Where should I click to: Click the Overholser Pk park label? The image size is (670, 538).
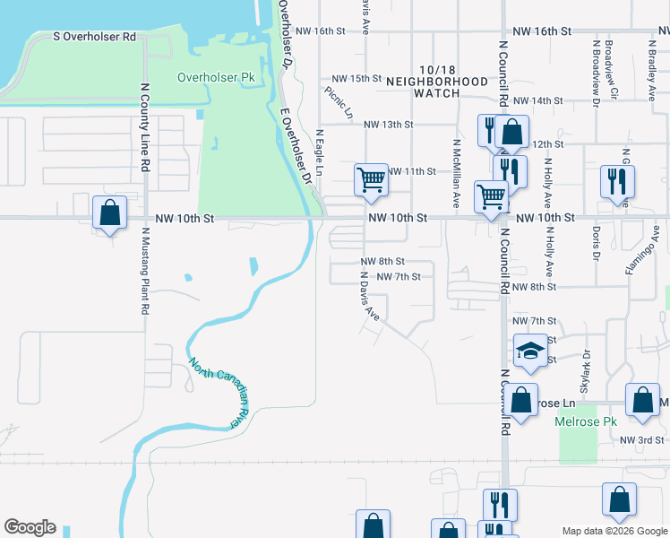point(216,78)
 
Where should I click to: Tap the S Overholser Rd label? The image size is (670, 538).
point(94,37)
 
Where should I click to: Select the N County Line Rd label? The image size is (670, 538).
point(143,128)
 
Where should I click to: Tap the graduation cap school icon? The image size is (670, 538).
point(530,350)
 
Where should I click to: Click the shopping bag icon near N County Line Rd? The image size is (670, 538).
point(109,213)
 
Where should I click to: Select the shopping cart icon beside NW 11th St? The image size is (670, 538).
point(371,180)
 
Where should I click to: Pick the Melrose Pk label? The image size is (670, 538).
point(587,421)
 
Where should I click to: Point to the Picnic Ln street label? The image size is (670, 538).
point(339,102)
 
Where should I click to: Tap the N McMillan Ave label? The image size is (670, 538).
point(456,173)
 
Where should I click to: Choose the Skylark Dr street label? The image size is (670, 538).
point(587,370)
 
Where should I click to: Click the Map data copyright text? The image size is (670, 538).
point(614,531)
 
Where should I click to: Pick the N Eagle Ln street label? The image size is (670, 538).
point(319,152)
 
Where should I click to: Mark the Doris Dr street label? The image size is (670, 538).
point(595,242)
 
